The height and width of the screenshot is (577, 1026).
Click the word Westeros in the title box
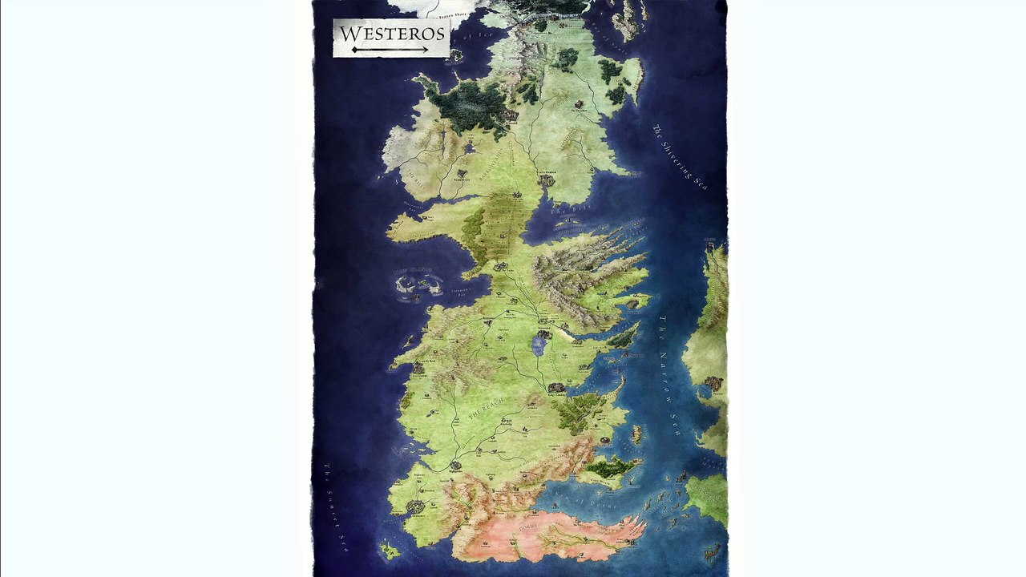[391, 34]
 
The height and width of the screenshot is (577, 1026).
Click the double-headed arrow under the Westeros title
[390, 50]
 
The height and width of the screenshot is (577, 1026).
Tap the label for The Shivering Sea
[680, 157]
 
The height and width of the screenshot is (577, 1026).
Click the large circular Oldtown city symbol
[416, 506]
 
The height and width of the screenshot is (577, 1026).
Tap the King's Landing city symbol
[556, 388]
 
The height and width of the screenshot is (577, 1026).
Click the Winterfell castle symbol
[511, 115]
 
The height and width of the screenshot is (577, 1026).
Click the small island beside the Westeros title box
[456, 54]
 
